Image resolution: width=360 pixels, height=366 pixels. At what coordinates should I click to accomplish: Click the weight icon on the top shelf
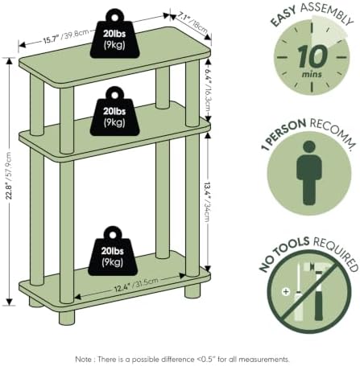pos(114,34)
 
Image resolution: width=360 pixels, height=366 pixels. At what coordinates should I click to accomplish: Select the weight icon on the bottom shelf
pos(113,251)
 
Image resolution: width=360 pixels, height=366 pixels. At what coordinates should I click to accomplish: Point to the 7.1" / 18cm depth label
pos(192,23)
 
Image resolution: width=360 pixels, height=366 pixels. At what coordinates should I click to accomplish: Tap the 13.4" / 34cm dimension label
pos(207,202)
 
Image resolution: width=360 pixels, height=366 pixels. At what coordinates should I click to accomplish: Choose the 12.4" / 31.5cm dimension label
pos(136,285)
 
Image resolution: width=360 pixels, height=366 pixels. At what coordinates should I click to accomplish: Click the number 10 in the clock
pos(312,56)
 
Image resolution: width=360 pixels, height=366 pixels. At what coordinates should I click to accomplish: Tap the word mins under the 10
pos(312,74)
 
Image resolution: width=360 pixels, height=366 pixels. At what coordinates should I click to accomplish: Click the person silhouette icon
pos(309,173)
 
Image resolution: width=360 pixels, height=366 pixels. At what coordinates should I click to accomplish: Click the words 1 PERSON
pos(283,134)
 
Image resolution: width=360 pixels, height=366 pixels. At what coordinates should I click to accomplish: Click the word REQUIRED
pos(337,253)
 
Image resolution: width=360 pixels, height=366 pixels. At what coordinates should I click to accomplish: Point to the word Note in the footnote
pos(83,359)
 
